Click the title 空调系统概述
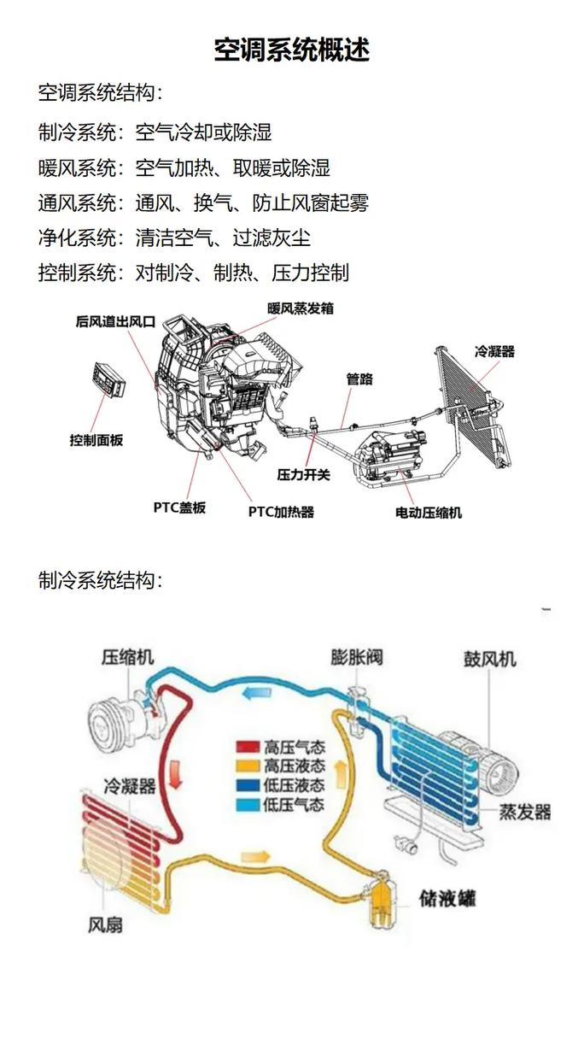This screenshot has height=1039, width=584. click(x=292, y=50)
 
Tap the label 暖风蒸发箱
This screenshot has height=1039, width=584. click(x=300, y=308)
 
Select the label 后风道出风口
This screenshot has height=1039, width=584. click(x=114, y=322)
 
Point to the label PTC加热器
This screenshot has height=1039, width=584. click(x=281, y=512)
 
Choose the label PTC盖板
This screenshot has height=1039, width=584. click(x=179, y=508)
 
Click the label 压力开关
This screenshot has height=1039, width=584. click(x=302, y=473)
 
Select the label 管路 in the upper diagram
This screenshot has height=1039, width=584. click(x=359, y=379)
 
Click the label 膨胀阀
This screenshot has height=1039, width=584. click(x=357, y=657)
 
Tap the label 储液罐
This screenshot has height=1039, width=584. click(x=447, y=898)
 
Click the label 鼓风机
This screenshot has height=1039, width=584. click(x=490, y=659)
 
